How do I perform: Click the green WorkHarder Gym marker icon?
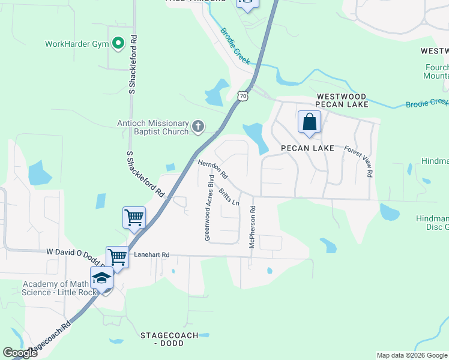click(x=118, y=43)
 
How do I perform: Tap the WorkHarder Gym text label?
click(x=77, y=44)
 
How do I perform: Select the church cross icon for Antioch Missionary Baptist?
click(x=198, y=127)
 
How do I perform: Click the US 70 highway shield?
click(x=242, y=95)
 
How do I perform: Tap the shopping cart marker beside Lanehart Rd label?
click(x=118, y=257)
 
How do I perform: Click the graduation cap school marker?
click(x=102, y=279)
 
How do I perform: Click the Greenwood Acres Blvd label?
click(x=208, y=208)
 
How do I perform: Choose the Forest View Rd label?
click(x=358, y=161)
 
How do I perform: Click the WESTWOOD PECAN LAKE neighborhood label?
click(x=342, y=100)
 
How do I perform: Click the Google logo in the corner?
click(x=20, y=353)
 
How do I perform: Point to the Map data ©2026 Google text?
click(x=412, y=355)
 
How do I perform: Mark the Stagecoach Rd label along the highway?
click(x=50, y=338)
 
